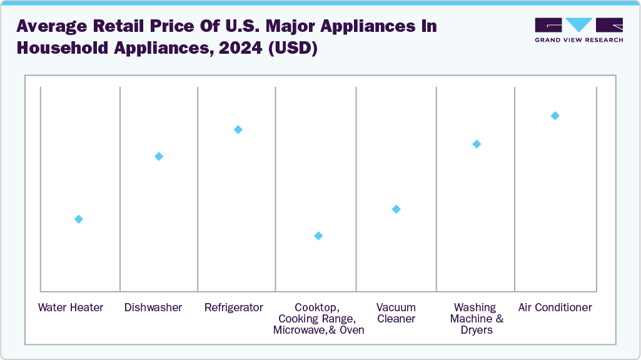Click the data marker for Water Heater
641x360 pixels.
point(79,219)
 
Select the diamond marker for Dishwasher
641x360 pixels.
point(159,156)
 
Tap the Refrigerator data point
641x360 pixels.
point(238,129)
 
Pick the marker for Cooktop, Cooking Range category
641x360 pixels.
point(318,236)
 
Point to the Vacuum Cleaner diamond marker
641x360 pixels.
point(396,209)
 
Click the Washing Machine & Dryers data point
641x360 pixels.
point(477,144)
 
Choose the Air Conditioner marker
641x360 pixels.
point(555,116)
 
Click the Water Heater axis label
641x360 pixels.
point(71,307)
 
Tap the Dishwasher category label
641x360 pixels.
point(153,307)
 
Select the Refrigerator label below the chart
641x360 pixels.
point(234,307)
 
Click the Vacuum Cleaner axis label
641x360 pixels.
point(396,313)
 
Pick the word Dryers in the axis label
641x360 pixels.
point(477,330)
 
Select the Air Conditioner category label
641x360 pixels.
point(555,307)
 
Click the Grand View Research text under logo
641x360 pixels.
point(578,40)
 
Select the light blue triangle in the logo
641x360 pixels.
point(579,24)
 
